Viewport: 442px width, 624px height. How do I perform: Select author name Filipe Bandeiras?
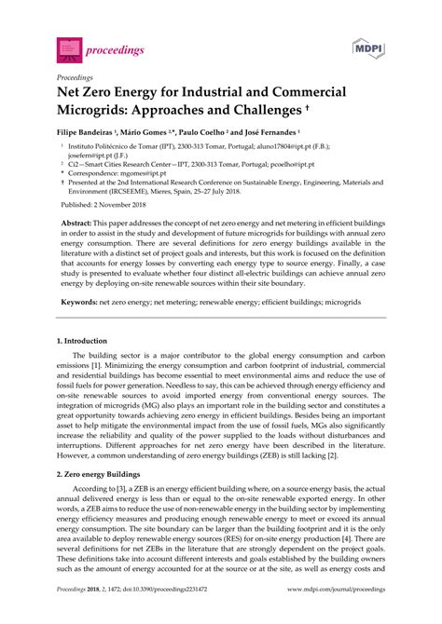(x=94, y=134)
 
